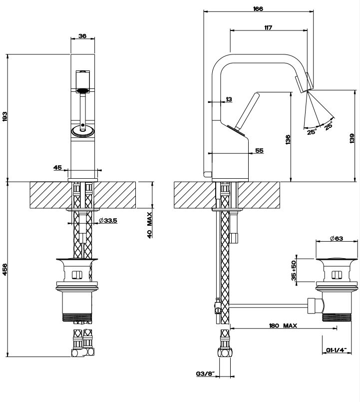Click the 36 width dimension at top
pos(82,36)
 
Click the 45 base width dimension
pos(57,168)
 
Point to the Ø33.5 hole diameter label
pos(107,220)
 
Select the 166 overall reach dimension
pos(258,8)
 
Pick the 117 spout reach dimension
pos(268,28)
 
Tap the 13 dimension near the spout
pos(229,99)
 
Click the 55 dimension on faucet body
pos(259,150)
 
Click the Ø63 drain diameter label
pos(336,239)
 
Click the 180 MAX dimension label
pos(283,326)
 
